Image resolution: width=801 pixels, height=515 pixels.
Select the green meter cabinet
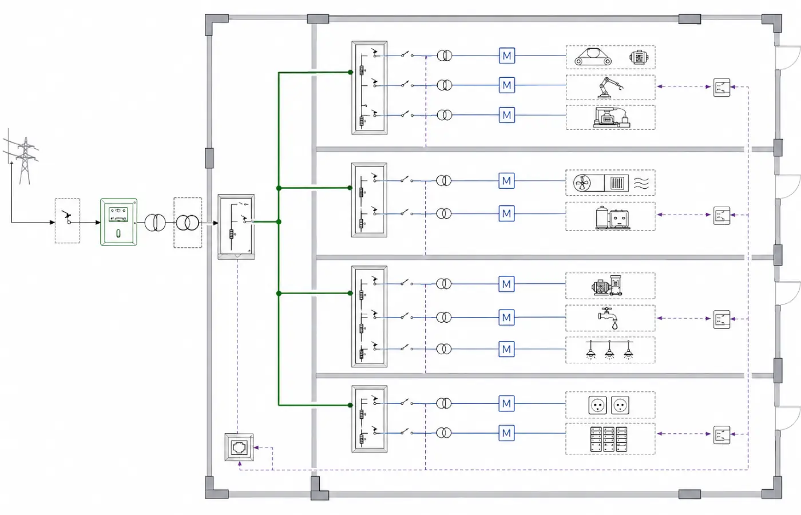coord(119,222)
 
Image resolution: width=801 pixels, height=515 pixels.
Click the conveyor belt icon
coord(593,57)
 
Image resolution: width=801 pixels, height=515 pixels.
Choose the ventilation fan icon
coord(582,184)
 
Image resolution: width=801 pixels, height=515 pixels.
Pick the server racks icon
coord(608,439)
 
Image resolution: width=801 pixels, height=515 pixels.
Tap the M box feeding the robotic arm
coord(507,85)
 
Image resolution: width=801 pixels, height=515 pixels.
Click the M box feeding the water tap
coord(506,318)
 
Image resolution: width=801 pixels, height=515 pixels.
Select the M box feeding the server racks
coord(506,433)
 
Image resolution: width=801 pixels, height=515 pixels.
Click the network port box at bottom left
coord(239,447)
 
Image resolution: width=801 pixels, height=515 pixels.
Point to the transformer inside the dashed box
coord(188,223)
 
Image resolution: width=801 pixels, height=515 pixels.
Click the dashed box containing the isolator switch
coord(68,221)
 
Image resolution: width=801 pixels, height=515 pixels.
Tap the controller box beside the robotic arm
coord(721,87)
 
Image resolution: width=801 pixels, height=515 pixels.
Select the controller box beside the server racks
coord(721,435)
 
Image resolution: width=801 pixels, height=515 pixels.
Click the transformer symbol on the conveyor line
coord(445,56)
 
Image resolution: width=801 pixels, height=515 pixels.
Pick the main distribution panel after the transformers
coord(236,227)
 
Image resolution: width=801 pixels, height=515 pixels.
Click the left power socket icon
coord(597,405)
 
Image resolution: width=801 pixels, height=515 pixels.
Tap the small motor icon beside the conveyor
coord(639,57)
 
